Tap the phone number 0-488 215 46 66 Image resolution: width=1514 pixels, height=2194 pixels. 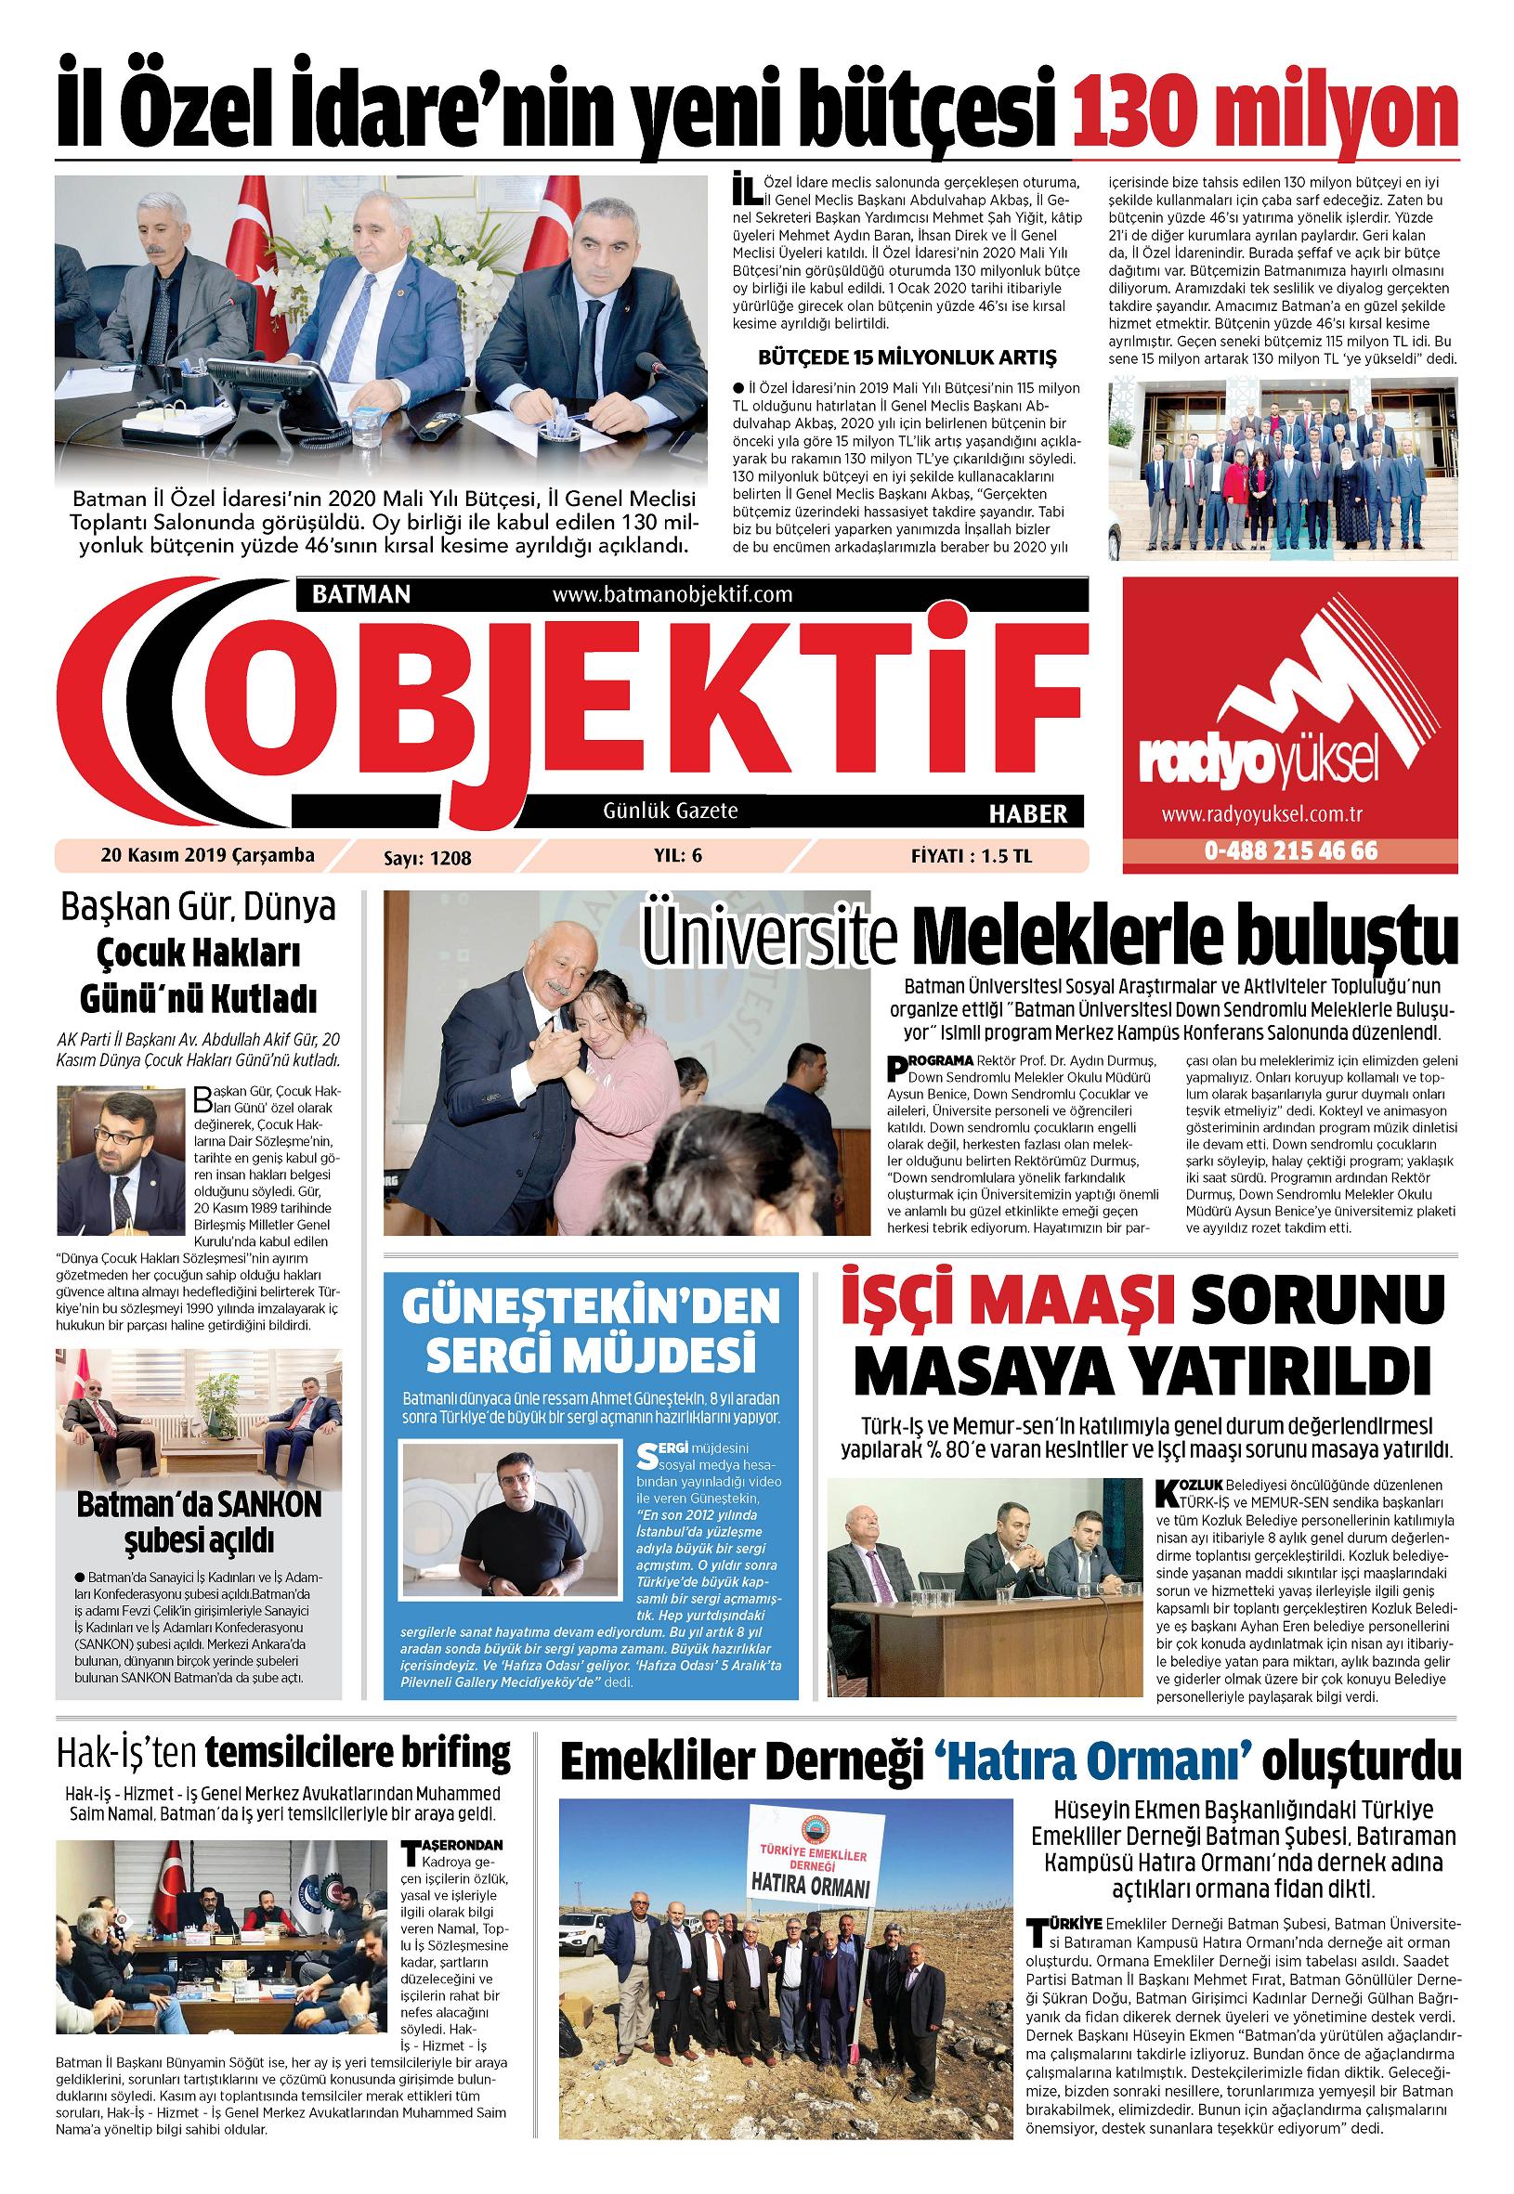tap(1291, 850)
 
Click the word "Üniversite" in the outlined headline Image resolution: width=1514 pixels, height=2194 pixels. tap(769, 938)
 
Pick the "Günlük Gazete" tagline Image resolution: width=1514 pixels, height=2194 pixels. tap(670, 811)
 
